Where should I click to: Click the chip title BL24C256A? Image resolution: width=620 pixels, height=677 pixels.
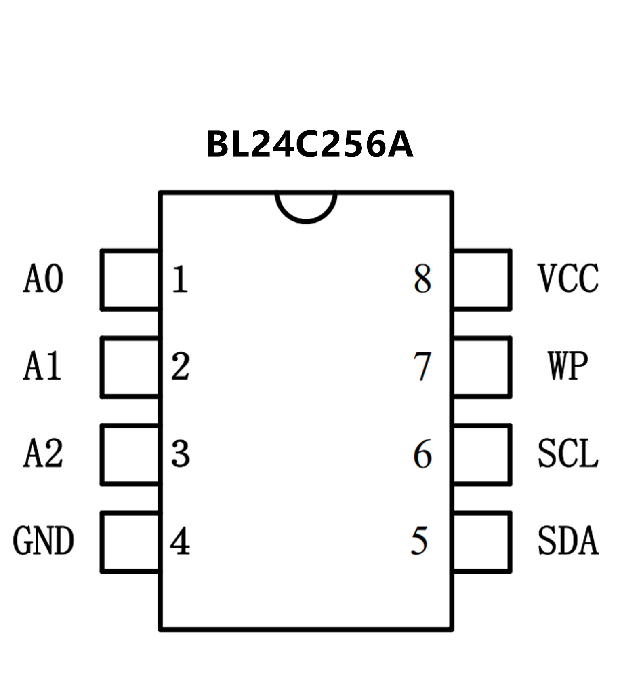(309, 145)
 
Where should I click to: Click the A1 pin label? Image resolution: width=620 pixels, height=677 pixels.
(42, 366)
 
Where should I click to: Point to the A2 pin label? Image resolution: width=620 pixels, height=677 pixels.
(43, 453)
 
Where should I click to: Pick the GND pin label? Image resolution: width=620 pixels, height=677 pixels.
(43, 541)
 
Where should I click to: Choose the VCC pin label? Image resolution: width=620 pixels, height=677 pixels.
(567, 278)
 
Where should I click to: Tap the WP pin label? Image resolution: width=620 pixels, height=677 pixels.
(567, 366)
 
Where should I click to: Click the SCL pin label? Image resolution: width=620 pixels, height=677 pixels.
(567, 453)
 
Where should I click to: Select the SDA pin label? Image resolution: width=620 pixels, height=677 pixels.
(567, 541)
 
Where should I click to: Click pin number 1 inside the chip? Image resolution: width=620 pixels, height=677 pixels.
(180, 279)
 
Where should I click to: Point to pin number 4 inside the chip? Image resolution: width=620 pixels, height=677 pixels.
(180, 542)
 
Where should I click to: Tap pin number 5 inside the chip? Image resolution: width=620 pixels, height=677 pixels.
(419, 541)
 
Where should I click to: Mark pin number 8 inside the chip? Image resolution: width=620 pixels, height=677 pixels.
(422, 279)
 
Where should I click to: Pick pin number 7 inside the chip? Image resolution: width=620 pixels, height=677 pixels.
(422, 367)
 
